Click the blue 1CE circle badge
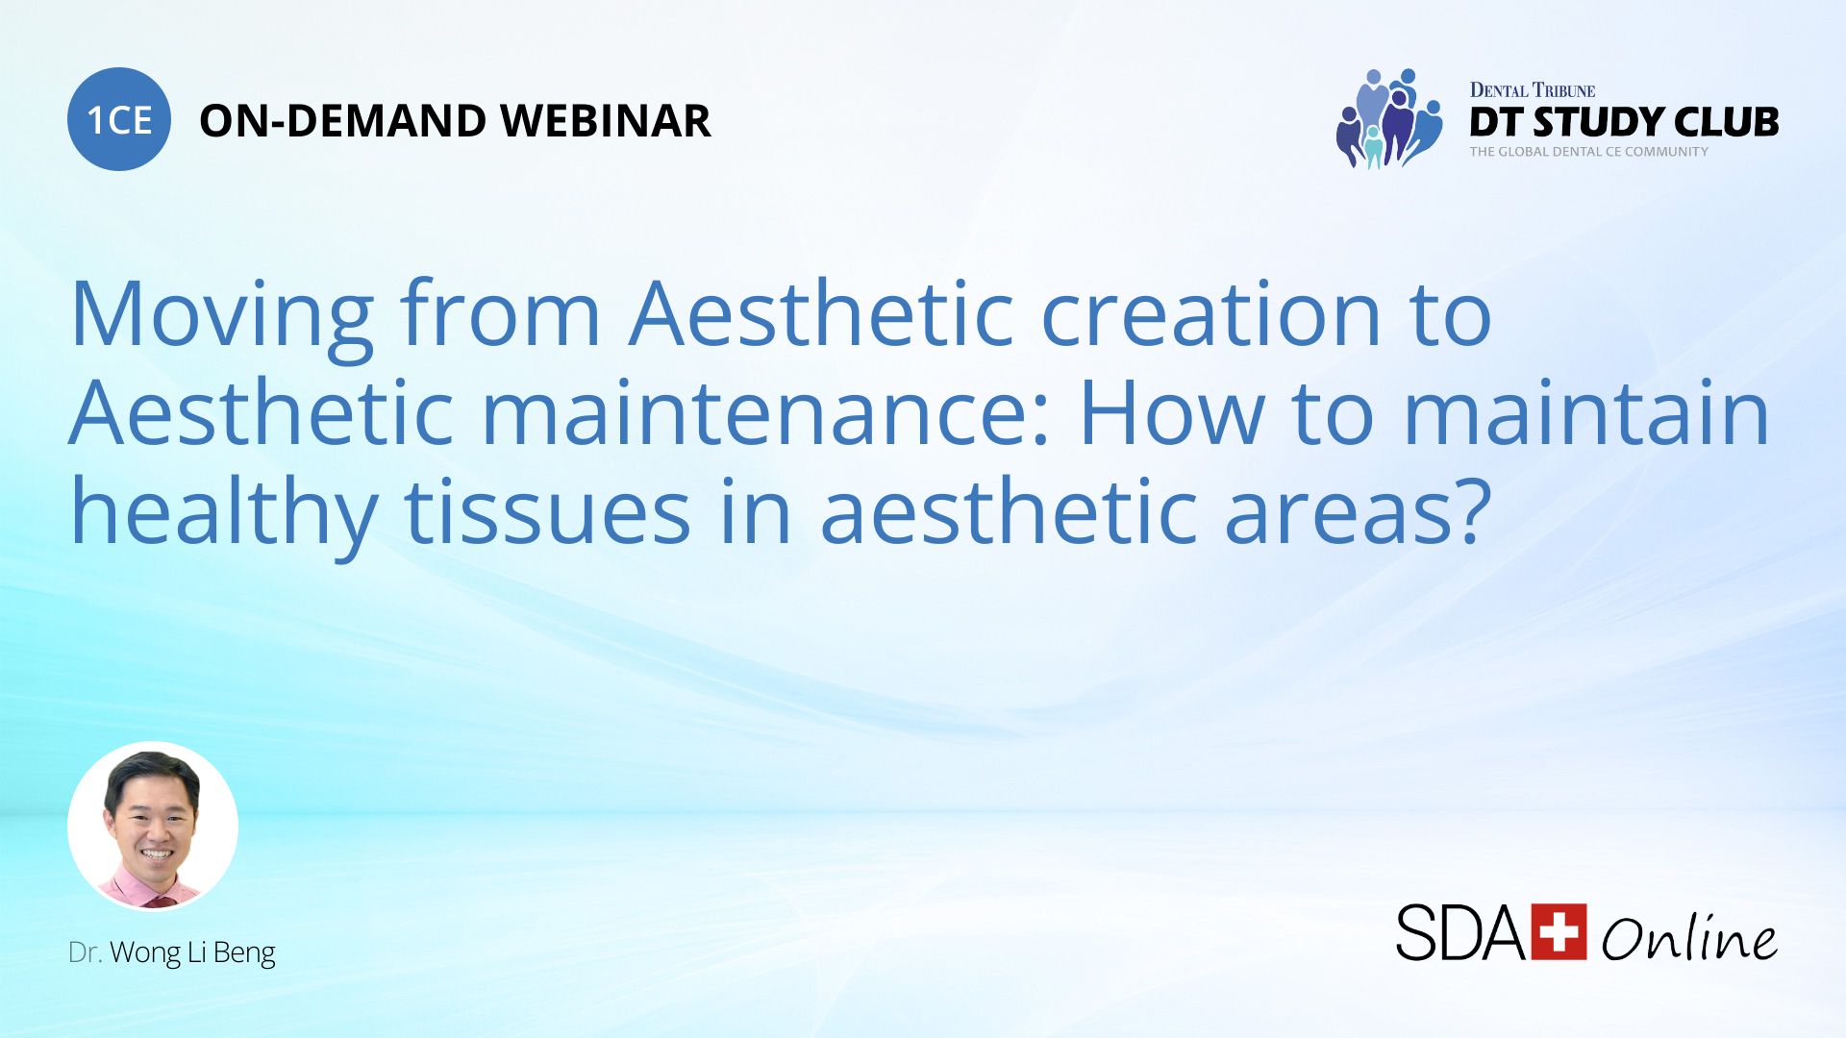coord(119,119)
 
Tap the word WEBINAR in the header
coord(605,121)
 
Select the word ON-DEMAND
coord(342,121)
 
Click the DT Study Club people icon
coord(1388,118)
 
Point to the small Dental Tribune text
coord(1532,90)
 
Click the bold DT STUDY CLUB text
coord(1624,122)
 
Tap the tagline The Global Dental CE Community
coord(1588,152)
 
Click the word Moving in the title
coord(222,315)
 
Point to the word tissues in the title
coord(547,512)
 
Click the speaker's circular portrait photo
coord(153,826)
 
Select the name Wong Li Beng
coord(192,952)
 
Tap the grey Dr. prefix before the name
coord(85,952)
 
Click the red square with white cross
coord(1559,931)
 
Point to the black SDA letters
coord(1459,932)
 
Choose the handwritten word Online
coord(1688,937)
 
